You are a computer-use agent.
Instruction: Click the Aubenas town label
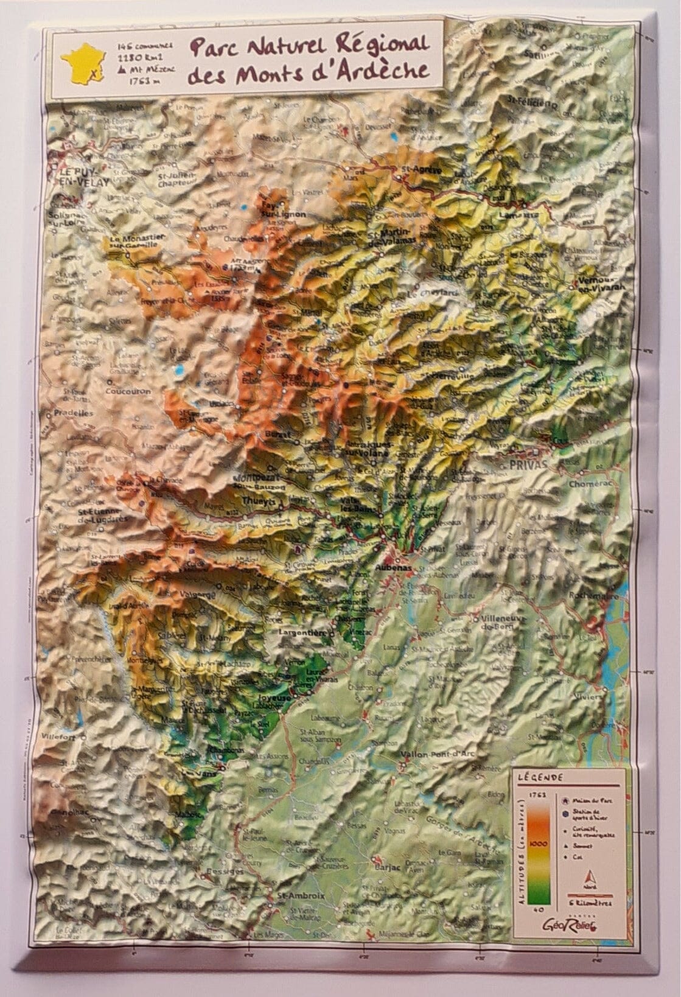pyautogui.click(x=394, y=567)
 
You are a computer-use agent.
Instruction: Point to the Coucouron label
pyautogui.click(x=127, y=391)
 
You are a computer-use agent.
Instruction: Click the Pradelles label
pyautogui.click(x=73, y=412)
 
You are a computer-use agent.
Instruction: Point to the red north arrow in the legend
pyautogui.click(x=589, y=878)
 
